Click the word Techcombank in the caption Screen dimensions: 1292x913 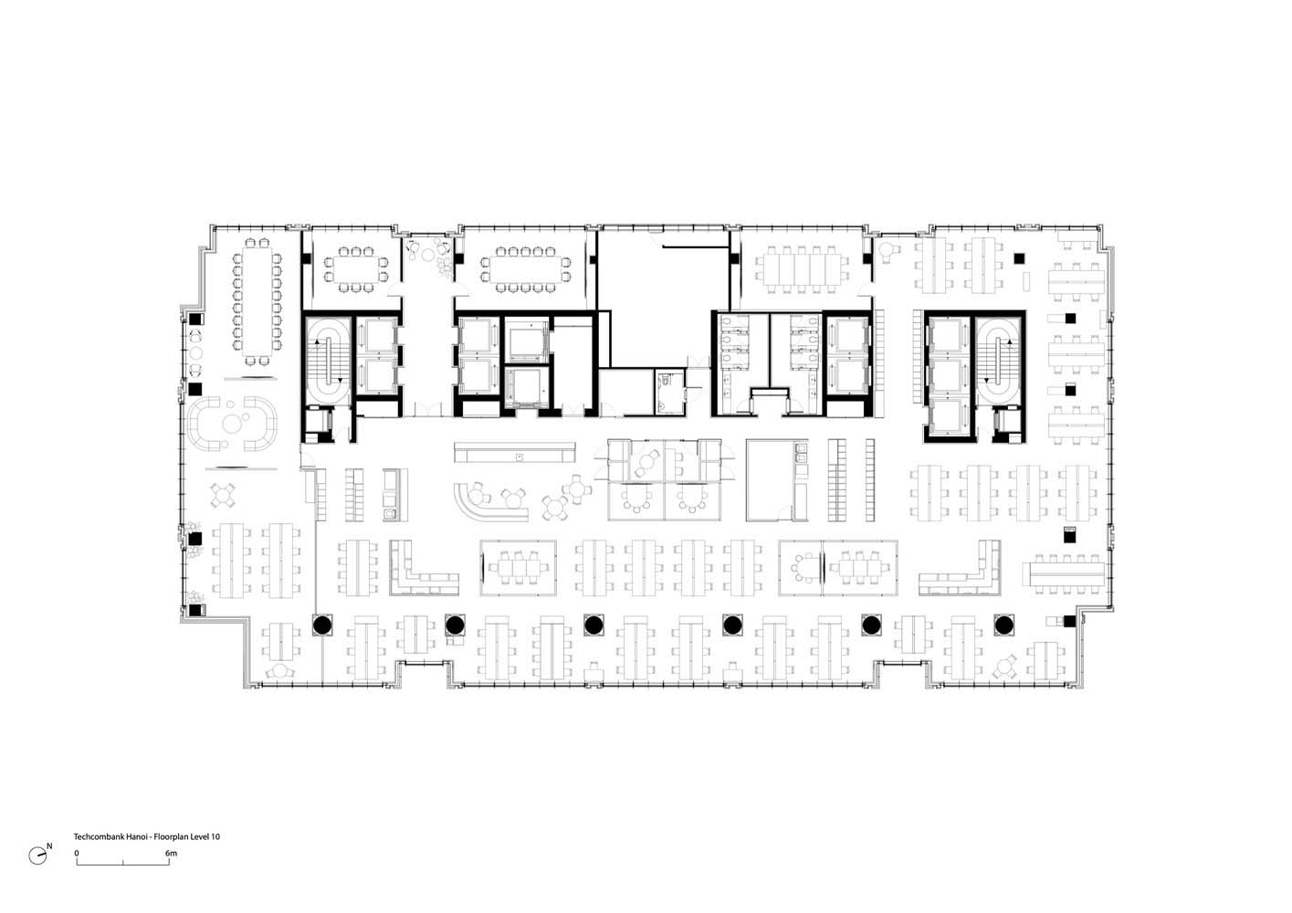click(94, 836)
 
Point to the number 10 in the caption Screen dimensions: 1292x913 click(215, 836)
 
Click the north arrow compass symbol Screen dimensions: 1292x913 click(38, 855)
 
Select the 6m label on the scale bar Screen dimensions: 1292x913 click(171, 853)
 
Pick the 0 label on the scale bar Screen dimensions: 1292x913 click(77, 853)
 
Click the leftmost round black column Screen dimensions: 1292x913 click(321, 624)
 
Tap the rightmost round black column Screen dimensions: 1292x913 click(1003, 624)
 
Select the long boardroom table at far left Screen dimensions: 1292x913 click(257, 302)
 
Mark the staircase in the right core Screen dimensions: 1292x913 click(998, 360)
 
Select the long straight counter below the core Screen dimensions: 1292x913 click(514, 452)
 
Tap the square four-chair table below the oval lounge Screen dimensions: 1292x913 click(223, 495)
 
